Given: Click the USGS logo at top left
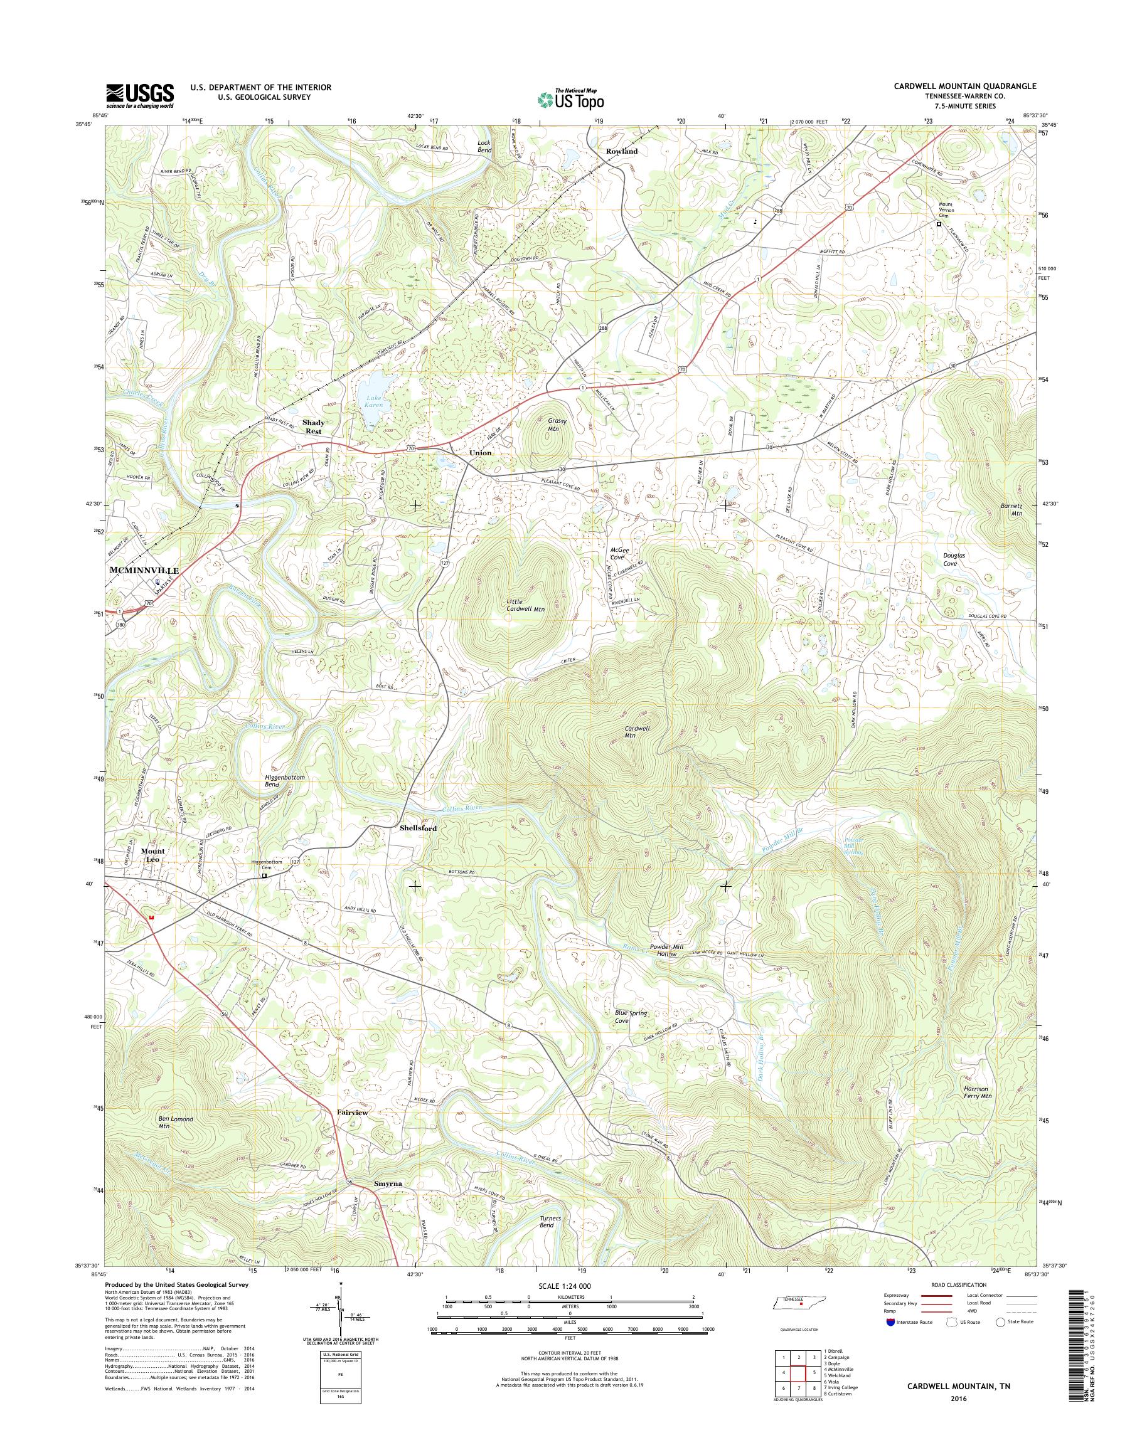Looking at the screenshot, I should click(x=140, y=95).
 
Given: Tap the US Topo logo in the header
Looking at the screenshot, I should click(x=570, y=99).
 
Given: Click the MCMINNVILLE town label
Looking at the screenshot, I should click(x=144, y=571).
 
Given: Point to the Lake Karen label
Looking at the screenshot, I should click(x=373, y=403).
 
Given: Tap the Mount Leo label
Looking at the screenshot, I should click(x=152, y=855).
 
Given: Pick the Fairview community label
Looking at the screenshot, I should click(x=353, y=1113).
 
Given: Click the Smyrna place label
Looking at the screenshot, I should click(x=388, y=1183).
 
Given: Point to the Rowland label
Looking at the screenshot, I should click(x=622, y=151).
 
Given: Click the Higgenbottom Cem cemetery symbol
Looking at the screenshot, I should click(x=264, y=876).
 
